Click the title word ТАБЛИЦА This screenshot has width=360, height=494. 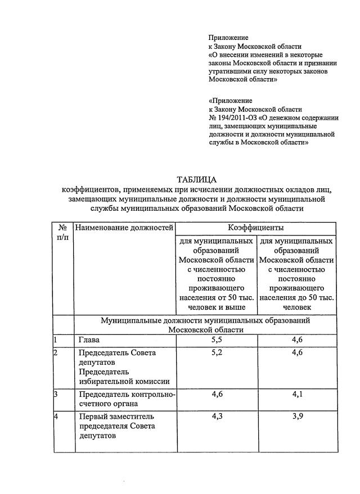tap(196, 180)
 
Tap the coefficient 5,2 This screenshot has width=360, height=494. tap(217, 353)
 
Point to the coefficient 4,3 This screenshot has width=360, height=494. tap(217, 416)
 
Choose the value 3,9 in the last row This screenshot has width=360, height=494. tap(298, 416)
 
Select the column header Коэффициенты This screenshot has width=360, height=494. tap(255, 228)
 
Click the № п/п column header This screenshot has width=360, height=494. tap(63, 233)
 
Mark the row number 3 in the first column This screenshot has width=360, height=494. tap(56, 395)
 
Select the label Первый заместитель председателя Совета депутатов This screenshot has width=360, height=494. tap(115, 425)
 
